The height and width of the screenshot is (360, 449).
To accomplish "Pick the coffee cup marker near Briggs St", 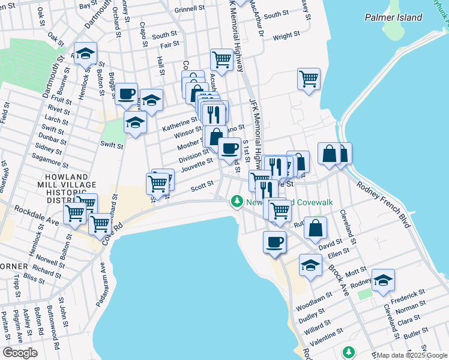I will pyautogui.click(x=126, y=94).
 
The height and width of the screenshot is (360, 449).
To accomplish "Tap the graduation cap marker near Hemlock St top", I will pyautogui.click(x=85, y=53).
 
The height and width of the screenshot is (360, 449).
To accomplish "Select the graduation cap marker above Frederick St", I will pyautogui.click(x=382, y=280).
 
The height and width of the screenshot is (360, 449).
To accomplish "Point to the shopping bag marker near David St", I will pyautogui.click(x=316, y=228).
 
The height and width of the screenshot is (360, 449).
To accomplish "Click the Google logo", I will pyautogui.click(x=20, y=352).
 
